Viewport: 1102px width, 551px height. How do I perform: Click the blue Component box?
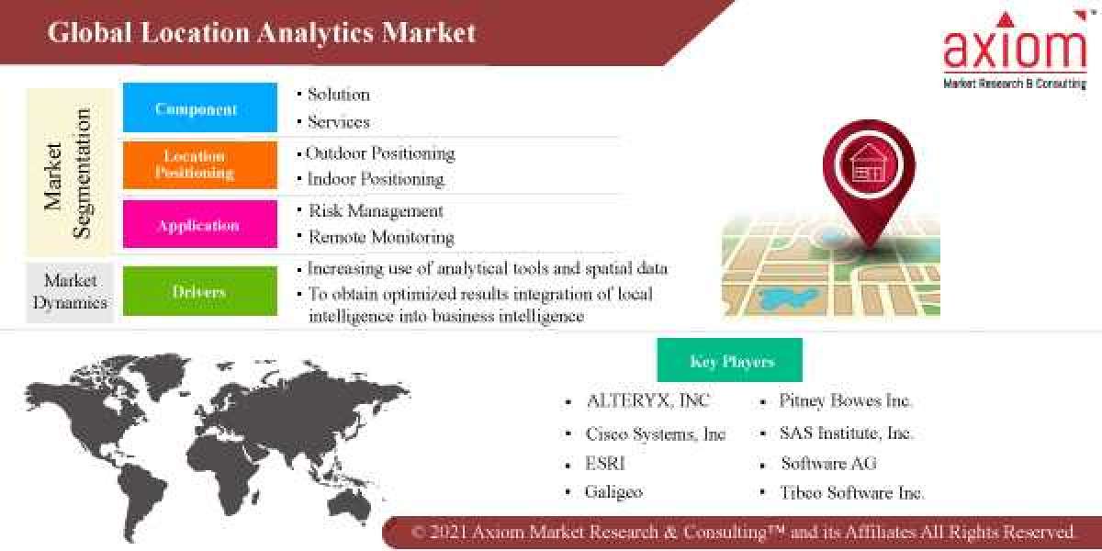199,108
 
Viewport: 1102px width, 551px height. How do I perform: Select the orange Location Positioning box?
199,165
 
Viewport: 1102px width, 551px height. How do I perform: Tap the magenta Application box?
199,225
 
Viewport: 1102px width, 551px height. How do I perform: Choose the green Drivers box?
199,292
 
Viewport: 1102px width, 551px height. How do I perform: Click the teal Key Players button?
730,361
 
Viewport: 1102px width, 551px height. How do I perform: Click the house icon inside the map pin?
868,163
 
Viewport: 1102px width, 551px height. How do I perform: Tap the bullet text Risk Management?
376,210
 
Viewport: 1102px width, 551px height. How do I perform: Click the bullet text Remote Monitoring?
381,237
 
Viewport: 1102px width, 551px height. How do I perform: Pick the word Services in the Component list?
339,121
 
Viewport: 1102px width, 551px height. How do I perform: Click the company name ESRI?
605,463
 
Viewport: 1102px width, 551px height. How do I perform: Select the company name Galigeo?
613,492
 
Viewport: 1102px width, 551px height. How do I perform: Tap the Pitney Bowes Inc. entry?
846,400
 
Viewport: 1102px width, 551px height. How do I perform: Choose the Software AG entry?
829,463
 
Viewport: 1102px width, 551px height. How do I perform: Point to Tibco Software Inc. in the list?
852,492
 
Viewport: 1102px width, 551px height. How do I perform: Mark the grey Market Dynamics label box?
70,292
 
